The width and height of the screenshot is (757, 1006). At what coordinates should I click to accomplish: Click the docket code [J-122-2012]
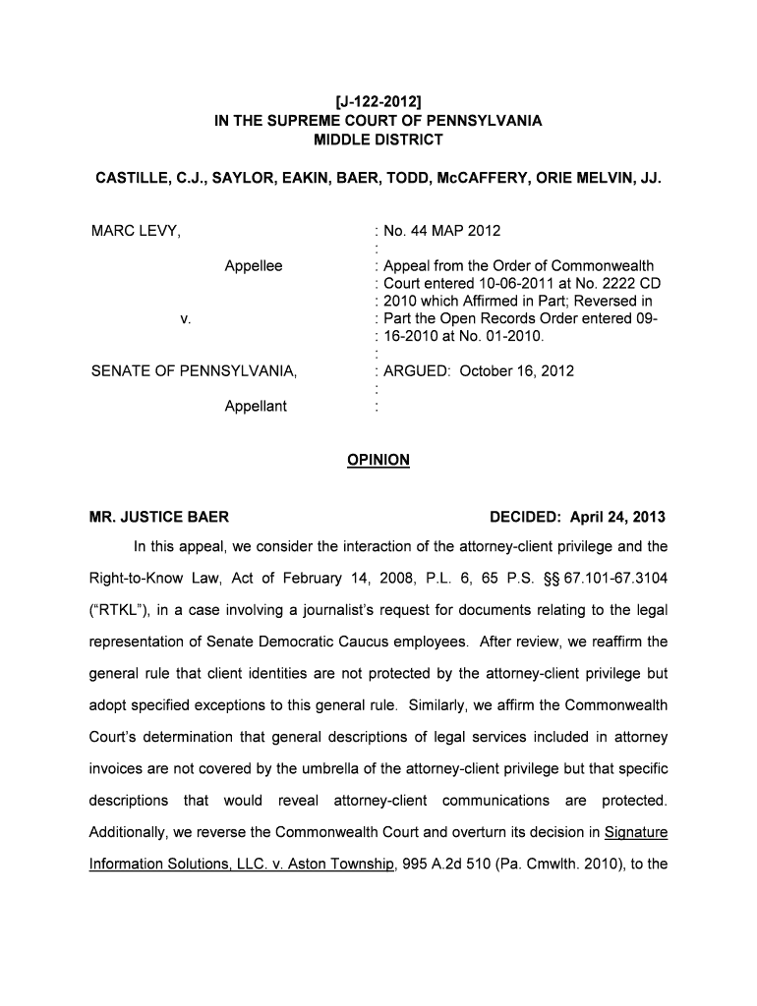click(378, 101)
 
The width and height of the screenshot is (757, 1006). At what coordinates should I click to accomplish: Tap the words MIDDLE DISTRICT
click(378, 140)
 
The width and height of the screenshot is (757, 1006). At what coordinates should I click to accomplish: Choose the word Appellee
click(254, 266)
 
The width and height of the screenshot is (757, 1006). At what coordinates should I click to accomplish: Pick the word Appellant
click(256, 406)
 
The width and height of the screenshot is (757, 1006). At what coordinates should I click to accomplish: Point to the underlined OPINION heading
click(378, 460)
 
